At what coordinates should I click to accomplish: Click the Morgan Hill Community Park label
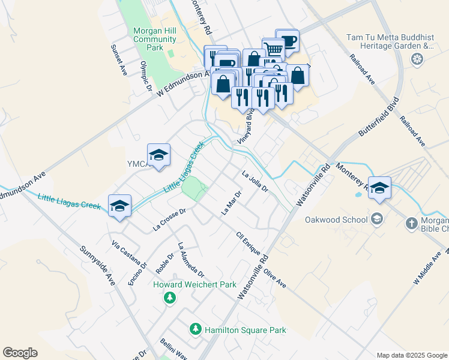pos(155,39)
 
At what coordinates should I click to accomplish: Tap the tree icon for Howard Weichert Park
pos(170,298)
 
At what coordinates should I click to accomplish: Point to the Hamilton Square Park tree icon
pos(195,329)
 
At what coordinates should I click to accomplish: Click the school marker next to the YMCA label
pos(158,155)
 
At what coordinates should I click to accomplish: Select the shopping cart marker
pos(273,48)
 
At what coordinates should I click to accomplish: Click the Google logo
pos(20,353)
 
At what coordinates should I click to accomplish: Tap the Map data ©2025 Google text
pos(411,355)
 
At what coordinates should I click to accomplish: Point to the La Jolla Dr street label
pos(254,182)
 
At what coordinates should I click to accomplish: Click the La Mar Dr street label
pos(231,203)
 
